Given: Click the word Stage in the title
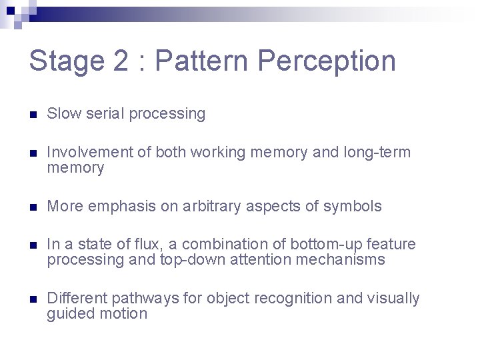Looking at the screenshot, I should [x=65, y=61].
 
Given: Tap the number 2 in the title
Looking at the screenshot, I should [x=121, y=61].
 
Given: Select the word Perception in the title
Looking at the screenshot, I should [x=327, y=61].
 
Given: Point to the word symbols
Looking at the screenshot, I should [x=353, y=207].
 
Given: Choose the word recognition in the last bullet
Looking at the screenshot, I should [x=295, y=299].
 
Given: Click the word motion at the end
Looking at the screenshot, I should [x=125, y=314].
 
